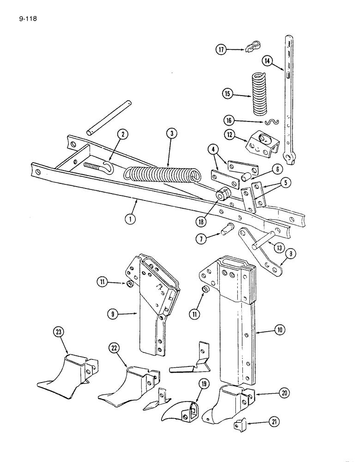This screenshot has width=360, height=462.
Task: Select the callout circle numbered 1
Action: [132, 219]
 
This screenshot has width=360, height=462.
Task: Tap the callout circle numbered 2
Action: [122, 135]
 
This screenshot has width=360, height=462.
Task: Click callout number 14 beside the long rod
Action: [267, 61]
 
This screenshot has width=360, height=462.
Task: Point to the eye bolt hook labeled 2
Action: [100, 166]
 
